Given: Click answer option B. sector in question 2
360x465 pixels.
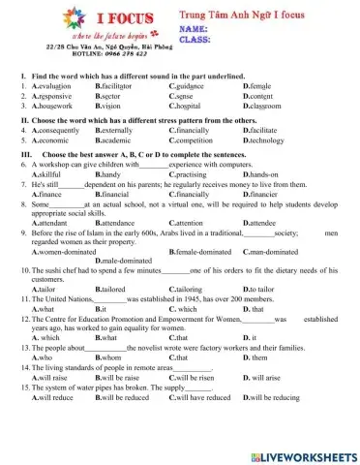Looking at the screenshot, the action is [x=110, y=95].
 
